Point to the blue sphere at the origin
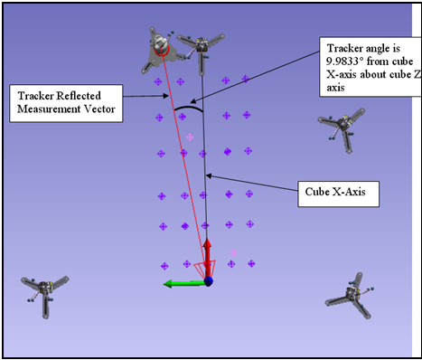click(208, 282)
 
